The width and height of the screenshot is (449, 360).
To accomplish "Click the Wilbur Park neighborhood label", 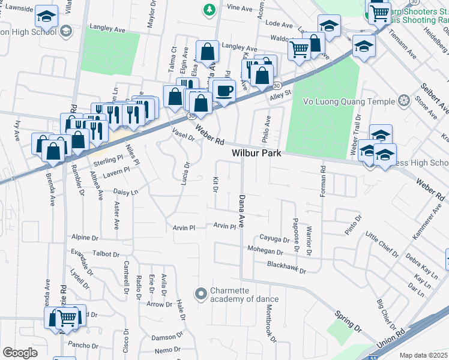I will click(x=257, y=154).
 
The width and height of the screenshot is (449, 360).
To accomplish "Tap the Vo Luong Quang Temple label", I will click(x=351, y=101).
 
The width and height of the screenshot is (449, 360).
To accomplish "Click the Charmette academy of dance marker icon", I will click(x=201, y=294).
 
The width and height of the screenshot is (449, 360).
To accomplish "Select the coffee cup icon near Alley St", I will click(x=224, y=91).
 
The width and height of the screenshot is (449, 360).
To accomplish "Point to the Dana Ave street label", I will click(x=243, y=211).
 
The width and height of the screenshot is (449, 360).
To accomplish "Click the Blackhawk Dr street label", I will click(x=286, y=271).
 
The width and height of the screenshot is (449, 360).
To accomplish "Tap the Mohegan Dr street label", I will click(x=264, y=251).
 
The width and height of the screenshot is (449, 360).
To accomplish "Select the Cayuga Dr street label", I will click(x=274, y=238).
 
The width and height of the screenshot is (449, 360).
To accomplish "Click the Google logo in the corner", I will click(x=20, y=352).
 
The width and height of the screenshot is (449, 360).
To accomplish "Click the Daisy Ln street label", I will click(x=125, y=192).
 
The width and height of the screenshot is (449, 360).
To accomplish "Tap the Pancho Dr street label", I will click(x=83, y=345).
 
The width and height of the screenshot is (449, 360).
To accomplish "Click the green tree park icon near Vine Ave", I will click(x=209, y=9).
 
